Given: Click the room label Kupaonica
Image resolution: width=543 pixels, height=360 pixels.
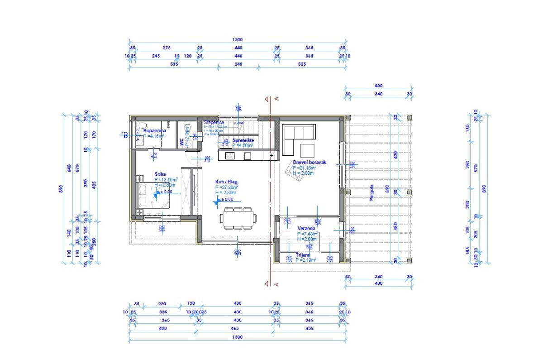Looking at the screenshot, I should pyautogui.click(x=155, y=130).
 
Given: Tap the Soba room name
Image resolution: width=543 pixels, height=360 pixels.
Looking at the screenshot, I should pyautogui.click(x=160, y=174).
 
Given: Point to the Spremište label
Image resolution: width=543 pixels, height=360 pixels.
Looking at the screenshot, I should pyautogui.click(x=243, y=140).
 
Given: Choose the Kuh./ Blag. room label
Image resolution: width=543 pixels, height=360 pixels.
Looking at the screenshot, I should pyautogui.click(x=226, y=182).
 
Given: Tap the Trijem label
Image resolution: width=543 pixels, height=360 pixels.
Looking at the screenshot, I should pyautogui.click(x=302, y=255).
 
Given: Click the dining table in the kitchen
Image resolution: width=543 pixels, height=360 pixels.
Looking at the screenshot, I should pyautogui.click(x=237, y=218).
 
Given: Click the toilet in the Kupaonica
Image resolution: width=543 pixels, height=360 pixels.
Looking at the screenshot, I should pyautogui.click(x=140, y=126).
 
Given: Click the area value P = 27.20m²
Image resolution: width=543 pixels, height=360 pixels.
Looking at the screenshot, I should pyautogui.click(x=227, y=187).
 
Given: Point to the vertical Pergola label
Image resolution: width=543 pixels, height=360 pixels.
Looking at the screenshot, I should pyautogui.click(x=372, y=192).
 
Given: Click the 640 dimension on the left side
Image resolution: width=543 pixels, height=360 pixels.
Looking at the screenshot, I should pyautogui.click(x=69, y=168).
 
